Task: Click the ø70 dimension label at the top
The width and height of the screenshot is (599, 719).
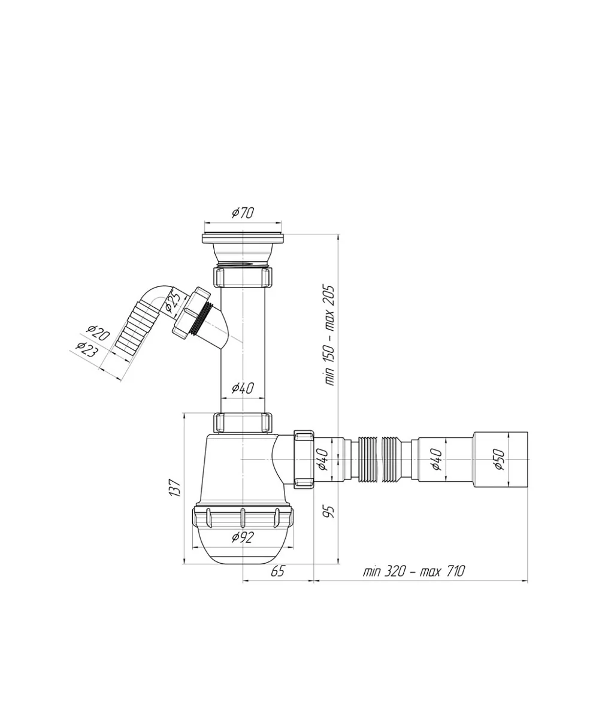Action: coord(243,213)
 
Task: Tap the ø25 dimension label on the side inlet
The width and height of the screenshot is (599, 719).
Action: coord(173,300)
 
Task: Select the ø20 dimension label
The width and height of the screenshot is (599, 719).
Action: coord(98,333)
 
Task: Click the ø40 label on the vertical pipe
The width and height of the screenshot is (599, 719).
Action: coord(243,388)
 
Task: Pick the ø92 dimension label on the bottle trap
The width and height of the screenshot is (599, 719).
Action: coord(243,537)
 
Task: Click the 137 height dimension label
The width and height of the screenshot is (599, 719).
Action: coord(175,487)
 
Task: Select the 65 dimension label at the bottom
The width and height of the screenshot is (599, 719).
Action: coord(277,571)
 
